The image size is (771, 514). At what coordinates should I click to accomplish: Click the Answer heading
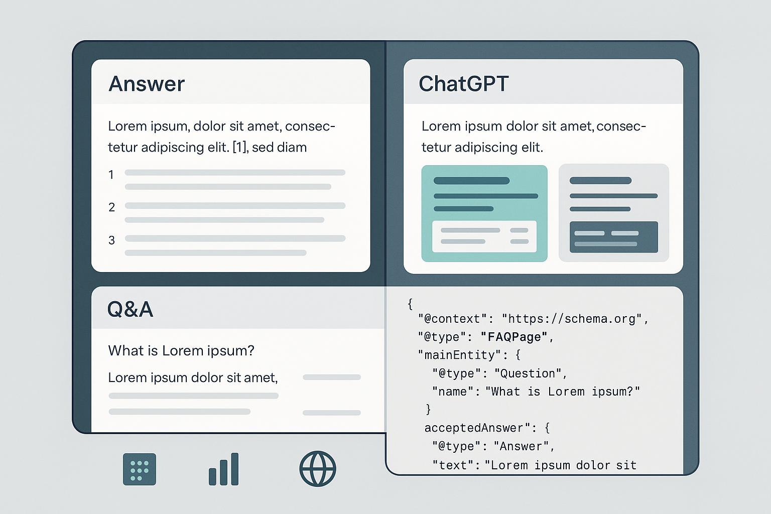(147, 84)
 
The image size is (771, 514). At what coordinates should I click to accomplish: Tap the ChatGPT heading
(464, 84)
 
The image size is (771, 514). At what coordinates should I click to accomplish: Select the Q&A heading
(130, 309)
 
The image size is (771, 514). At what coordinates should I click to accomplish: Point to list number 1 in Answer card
(111, 175)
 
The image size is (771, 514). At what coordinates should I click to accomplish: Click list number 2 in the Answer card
(111, 207)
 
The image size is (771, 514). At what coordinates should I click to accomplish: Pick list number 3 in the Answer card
(111, 240)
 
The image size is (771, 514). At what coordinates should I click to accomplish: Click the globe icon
(318, 469)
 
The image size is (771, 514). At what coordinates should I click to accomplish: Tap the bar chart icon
(224, 469)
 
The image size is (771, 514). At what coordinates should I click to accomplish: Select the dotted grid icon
(140, 469)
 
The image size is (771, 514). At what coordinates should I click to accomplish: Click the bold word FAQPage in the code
(513, 337)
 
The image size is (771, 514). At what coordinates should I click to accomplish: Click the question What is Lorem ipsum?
(181, 350)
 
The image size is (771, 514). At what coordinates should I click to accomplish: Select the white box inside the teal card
(484, 236)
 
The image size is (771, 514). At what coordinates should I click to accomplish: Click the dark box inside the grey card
(613, 237)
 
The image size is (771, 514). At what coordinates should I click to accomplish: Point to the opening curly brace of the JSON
(410, 304)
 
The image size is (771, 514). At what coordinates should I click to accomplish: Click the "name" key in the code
(453, 392)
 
